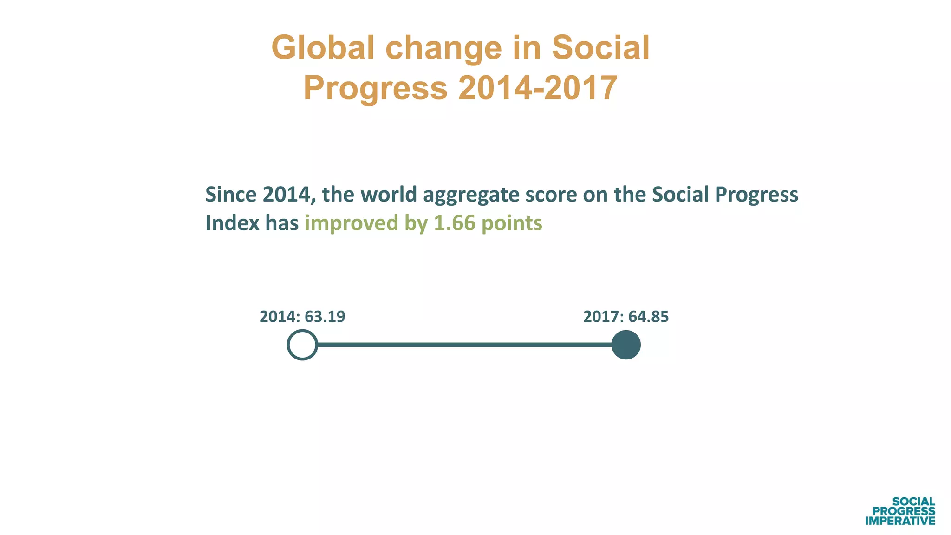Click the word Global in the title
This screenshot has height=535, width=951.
322,48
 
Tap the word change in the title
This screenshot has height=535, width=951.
443,49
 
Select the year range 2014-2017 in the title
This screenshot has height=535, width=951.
538,88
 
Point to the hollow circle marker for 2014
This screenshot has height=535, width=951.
302,345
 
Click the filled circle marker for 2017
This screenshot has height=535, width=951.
626,345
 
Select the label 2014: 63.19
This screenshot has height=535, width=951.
302,317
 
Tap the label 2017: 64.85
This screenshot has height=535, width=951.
626,317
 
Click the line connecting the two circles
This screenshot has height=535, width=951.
464,345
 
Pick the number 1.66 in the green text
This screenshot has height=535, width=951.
455,223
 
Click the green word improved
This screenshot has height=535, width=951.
352,223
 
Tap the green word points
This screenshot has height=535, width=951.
511,223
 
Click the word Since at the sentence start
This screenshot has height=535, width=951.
231,194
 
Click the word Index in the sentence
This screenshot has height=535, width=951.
232,223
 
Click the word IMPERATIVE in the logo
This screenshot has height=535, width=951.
900,521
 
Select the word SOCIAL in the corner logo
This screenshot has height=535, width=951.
913,502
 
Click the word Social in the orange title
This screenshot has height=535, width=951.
600,48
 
